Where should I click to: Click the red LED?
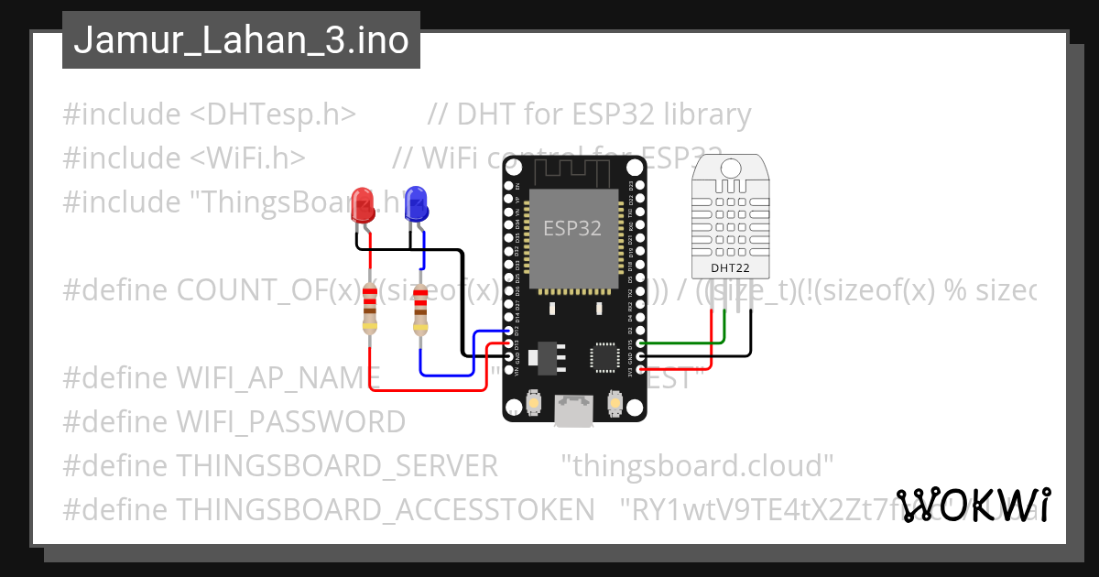pos(363,205)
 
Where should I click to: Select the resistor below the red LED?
pos(369,309)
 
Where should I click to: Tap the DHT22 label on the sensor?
pos(731,268)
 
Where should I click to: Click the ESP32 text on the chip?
pos(572,228)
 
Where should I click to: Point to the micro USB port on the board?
pos(574,410)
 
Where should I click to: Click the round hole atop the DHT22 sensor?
pos(732,168)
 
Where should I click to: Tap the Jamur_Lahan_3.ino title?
pos(241,40)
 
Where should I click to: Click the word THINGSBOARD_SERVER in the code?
pos(337,466)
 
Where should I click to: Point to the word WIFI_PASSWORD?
pos(291,422)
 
